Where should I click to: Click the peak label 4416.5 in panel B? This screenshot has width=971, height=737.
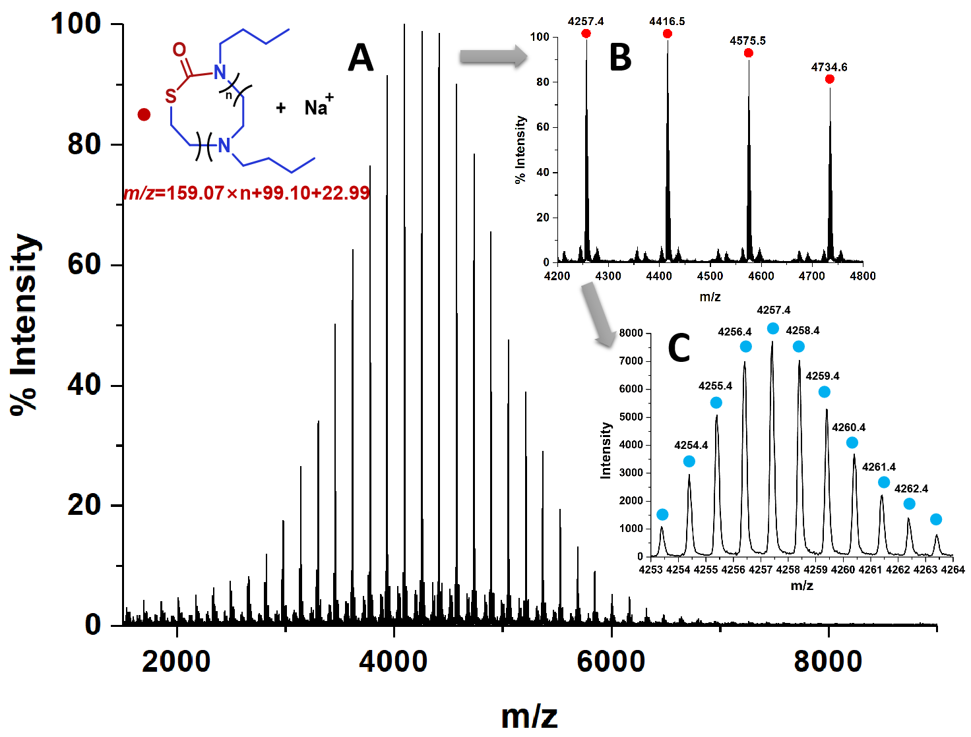pos(667,21)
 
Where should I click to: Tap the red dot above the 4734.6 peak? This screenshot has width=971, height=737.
pos(830,79)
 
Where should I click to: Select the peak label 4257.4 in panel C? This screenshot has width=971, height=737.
pos(773,310)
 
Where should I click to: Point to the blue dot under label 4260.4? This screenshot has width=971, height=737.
pos(852,443)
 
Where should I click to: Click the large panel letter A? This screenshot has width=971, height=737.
pos(360,58)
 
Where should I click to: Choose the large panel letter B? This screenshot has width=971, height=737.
pos(620,57)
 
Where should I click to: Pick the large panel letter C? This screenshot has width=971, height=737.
pos(679,348)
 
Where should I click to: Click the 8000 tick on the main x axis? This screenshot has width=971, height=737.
pos(828,661)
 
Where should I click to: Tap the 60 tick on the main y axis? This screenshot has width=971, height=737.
pos(84,264)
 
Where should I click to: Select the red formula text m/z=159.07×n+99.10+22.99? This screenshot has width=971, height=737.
pos(247,193)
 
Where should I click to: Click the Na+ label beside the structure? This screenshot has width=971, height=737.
pos(319,106)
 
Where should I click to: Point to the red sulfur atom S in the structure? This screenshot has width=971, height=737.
pos(171,97)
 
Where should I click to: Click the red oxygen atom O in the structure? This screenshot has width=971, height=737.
pos(179,50)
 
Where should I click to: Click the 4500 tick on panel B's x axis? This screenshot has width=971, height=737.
pos(710,276)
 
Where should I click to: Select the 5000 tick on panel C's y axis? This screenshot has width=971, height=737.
pos(631,417)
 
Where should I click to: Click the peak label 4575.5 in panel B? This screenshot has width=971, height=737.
pos(747,41)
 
